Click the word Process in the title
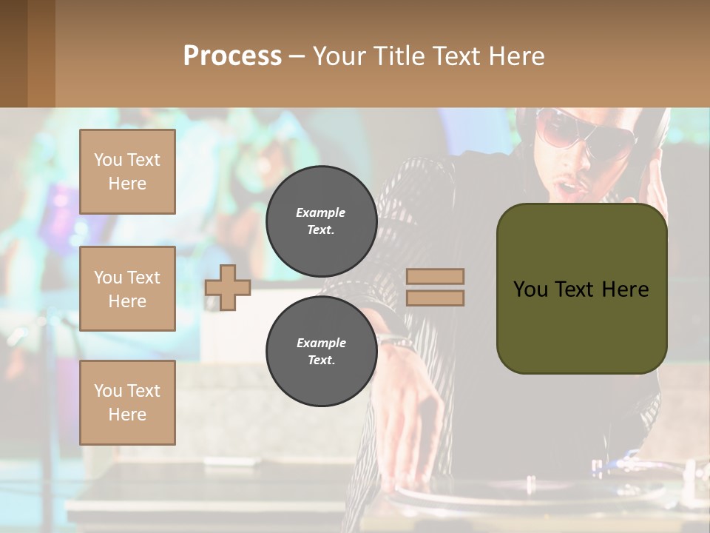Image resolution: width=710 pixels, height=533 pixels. (x=232, y=56)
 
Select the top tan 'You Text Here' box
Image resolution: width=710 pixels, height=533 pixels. (x=127, y=172)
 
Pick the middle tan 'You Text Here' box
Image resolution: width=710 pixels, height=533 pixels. (x=127, y=289)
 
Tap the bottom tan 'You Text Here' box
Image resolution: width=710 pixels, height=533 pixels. (x=127, y=402)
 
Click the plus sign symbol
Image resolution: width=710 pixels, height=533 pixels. (x=228, y=287)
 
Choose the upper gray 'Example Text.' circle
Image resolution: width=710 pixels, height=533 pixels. (x=321, y=221)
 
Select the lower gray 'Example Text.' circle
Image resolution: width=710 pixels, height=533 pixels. (x=321, y=351)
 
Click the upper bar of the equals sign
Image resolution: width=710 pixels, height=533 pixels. (x=435, y=276)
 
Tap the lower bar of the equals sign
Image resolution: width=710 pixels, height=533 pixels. (x=435, y=298)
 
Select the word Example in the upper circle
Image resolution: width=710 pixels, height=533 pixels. (x=321, y=212)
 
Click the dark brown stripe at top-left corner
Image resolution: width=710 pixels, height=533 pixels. (x=13, y=53)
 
